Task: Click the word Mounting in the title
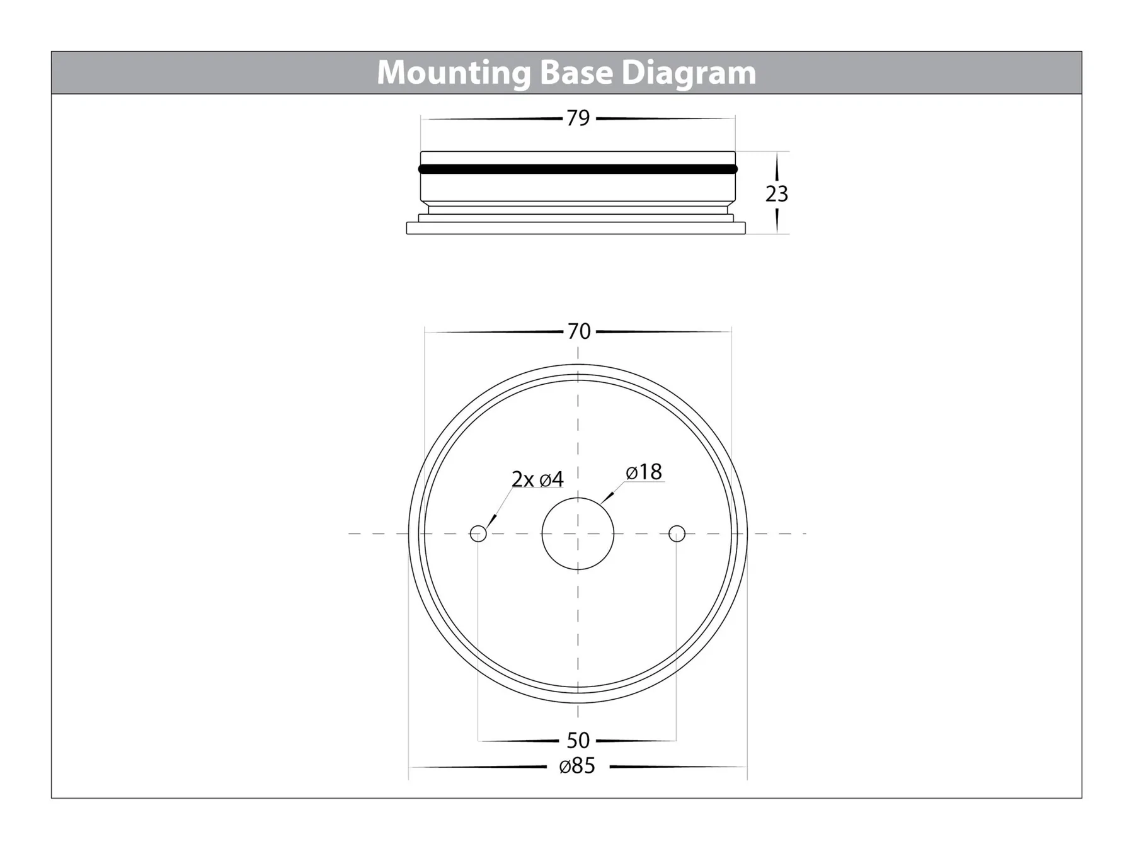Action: tap(454, 73)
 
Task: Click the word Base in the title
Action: tap(576, 72)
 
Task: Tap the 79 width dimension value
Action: tap(578, 118)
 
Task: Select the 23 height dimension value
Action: tap(776, 194)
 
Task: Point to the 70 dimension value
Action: tap(579, 331)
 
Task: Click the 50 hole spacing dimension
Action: tap(578, 740)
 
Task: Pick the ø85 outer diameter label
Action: tap(577, 767)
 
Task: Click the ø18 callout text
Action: tap(644, 472)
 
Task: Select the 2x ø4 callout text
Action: tap(537, 479)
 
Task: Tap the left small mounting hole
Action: tap(478, 534)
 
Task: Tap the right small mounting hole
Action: tap(677, 534)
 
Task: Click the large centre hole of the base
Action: tap(578, 534)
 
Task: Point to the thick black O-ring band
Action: tap(578, 169)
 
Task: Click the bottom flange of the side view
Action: tap(576, 228)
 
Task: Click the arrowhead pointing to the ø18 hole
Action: tap(606, 498)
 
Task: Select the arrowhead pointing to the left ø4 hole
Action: tap(491, 521)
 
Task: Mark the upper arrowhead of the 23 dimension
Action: tap(776, 166)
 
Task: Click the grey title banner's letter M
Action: tap(392, 73)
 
